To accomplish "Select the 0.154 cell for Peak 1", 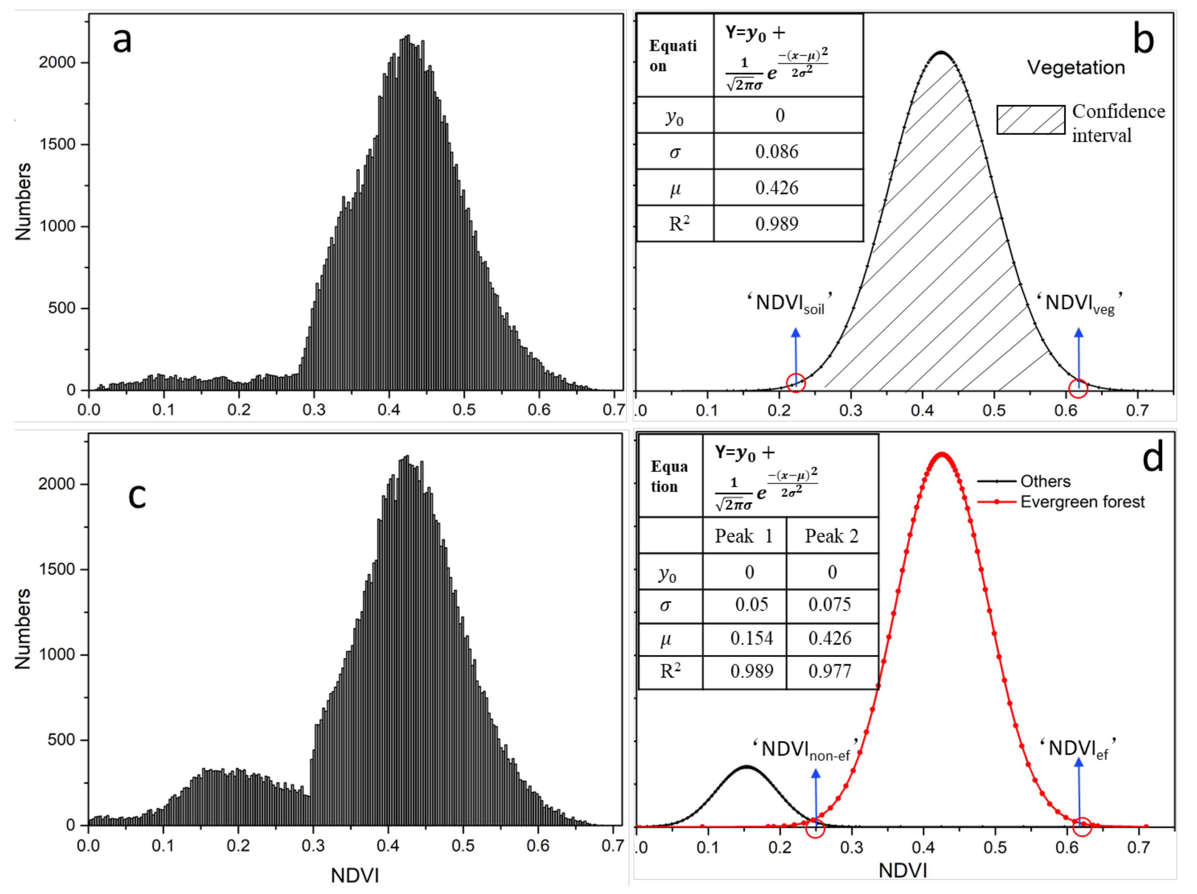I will pyautogui.click(x=751, y=639).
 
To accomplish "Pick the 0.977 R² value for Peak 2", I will pyautogui.click(x=830, y=671).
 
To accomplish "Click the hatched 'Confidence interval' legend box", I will pyautogui.click(x=1031, y=120).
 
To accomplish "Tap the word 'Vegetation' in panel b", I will pyautogui.click(x=1076, y=68).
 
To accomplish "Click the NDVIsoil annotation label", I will pyautogui.click(x=790, y=303).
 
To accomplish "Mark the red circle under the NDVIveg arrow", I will pyautogui.click(x=1078, y=388).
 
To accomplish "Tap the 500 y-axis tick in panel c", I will pyautogui.click(x=61, y=740).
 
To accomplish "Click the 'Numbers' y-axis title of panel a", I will pyautogui.click(x=23, y=201).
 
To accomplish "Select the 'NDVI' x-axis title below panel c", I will pyautogui.click(x=355, y=875).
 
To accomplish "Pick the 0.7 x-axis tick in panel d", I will pyautogui.click(x=1138, y=847).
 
